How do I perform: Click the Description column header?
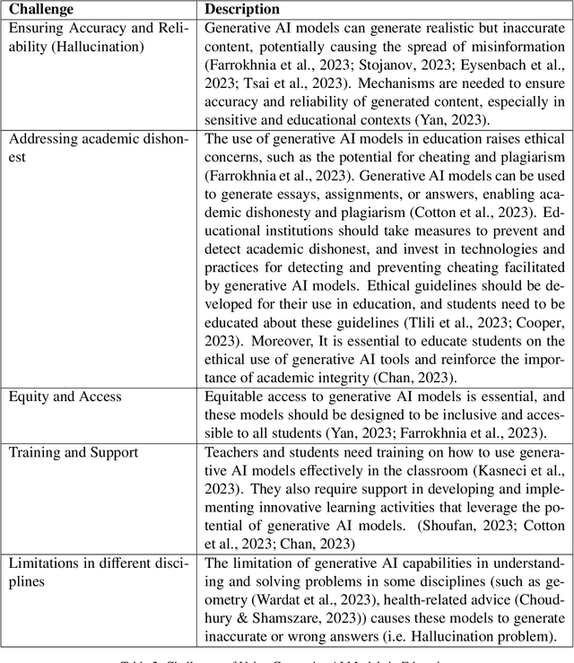click(242, 9)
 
